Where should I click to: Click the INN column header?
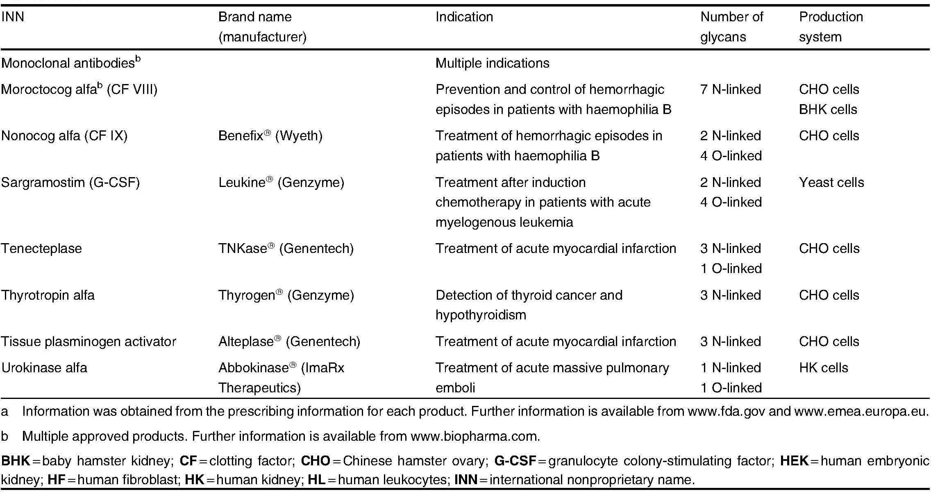[x=13, y=17]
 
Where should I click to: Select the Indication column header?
[x=464, y=17]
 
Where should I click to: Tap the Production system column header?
[x=831, y=27]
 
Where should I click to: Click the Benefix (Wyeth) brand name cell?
[x=270, y=136]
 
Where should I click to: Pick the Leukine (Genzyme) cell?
[x=281, y=182]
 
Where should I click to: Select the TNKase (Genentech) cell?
[x=286, y=248]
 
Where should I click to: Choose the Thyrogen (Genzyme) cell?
[x=286, y=295]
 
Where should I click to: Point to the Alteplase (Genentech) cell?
[x=289, y=342]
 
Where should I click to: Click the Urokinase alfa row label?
[x=44, y=368]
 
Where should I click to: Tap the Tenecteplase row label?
[x=41, y=248]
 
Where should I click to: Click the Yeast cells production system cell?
[x=831, y=182]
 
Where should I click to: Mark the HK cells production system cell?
[x=823, y=368]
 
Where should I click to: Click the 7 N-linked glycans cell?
[x=730, y=89]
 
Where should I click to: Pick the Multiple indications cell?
[x=492, y=63]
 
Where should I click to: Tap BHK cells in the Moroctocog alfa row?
[x=828, y=109]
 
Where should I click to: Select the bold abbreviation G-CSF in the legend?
[x=515, y=461]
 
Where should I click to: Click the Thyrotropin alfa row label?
[x=48, y=295]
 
